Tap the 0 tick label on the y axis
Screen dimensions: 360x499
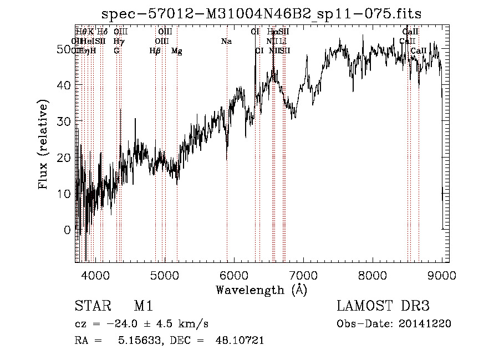[68, 230]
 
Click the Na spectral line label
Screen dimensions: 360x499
[226, 41]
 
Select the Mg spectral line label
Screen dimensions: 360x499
[176, 51]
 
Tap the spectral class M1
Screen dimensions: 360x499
[143, 306]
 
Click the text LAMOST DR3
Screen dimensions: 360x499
[383, 306]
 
